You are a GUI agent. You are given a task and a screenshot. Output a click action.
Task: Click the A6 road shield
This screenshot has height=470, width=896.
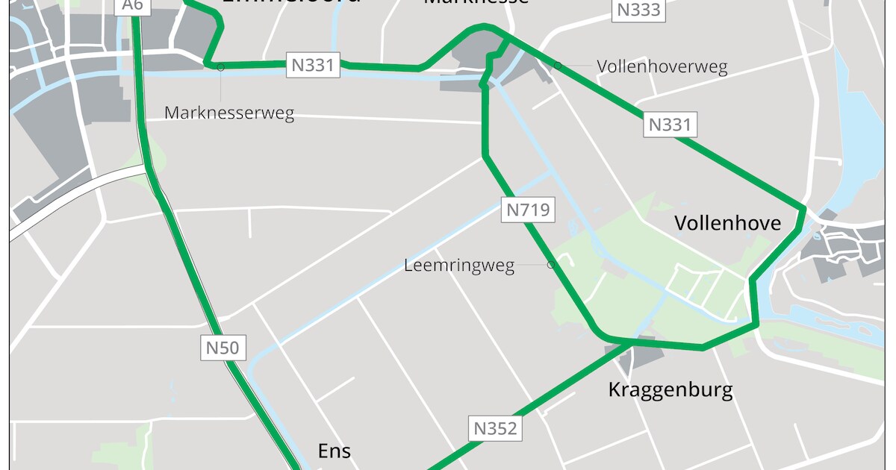(x=131, y=6)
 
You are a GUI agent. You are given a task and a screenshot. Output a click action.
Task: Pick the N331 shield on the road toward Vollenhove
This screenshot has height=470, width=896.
(x=671, y=125)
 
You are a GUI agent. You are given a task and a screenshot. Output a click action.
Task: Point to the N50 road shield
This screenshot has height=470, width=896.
(x=223, y=347)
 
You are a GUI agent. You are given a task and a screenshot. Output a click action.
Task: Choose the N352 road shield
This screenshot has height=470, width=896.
(x=495, y=428)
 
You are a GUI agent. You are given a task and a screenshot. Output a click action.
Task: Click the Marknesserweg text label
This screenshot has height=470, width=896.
(x=229, y=113)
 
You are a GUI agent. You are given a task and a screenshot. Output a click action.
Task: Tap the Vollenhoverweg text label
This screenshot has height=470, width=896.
(x=662, y=66)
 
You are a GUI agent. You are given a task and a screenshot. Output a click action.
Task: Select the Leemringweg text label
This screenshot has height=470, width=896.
(x=459, y=266)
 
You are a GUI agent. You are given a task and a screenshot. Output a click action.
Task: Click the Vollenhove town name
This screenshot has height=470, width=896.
(x=727, y=223)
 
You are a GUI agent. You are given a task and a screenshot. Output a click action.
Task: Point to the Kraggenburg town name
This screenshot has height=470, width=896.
(x=670, y=389)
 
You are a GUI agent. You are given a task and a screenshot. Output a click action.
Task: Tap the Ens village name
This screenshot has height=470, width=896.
(x=334, y=451)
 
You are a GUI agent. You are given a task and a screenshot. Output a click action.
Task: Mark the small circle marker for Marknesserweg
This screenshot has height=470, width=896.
(x=221, y=66)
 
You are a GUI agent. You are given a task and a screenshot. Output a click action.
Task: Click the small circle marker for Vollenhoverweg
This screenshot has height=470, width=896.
(x=557, y=66)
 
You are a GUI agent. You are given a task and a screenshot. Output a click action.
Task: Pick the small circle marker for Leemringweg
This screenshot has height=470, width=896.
(x=551, y=264)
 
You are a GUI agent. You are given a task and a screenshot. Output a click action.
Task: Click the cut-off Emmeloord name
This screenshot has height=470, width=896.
(x=291, y=3)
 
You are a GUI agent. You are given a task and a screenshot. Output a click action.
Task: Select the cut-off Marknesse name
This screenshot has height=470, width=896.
(x=476, y=2)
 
